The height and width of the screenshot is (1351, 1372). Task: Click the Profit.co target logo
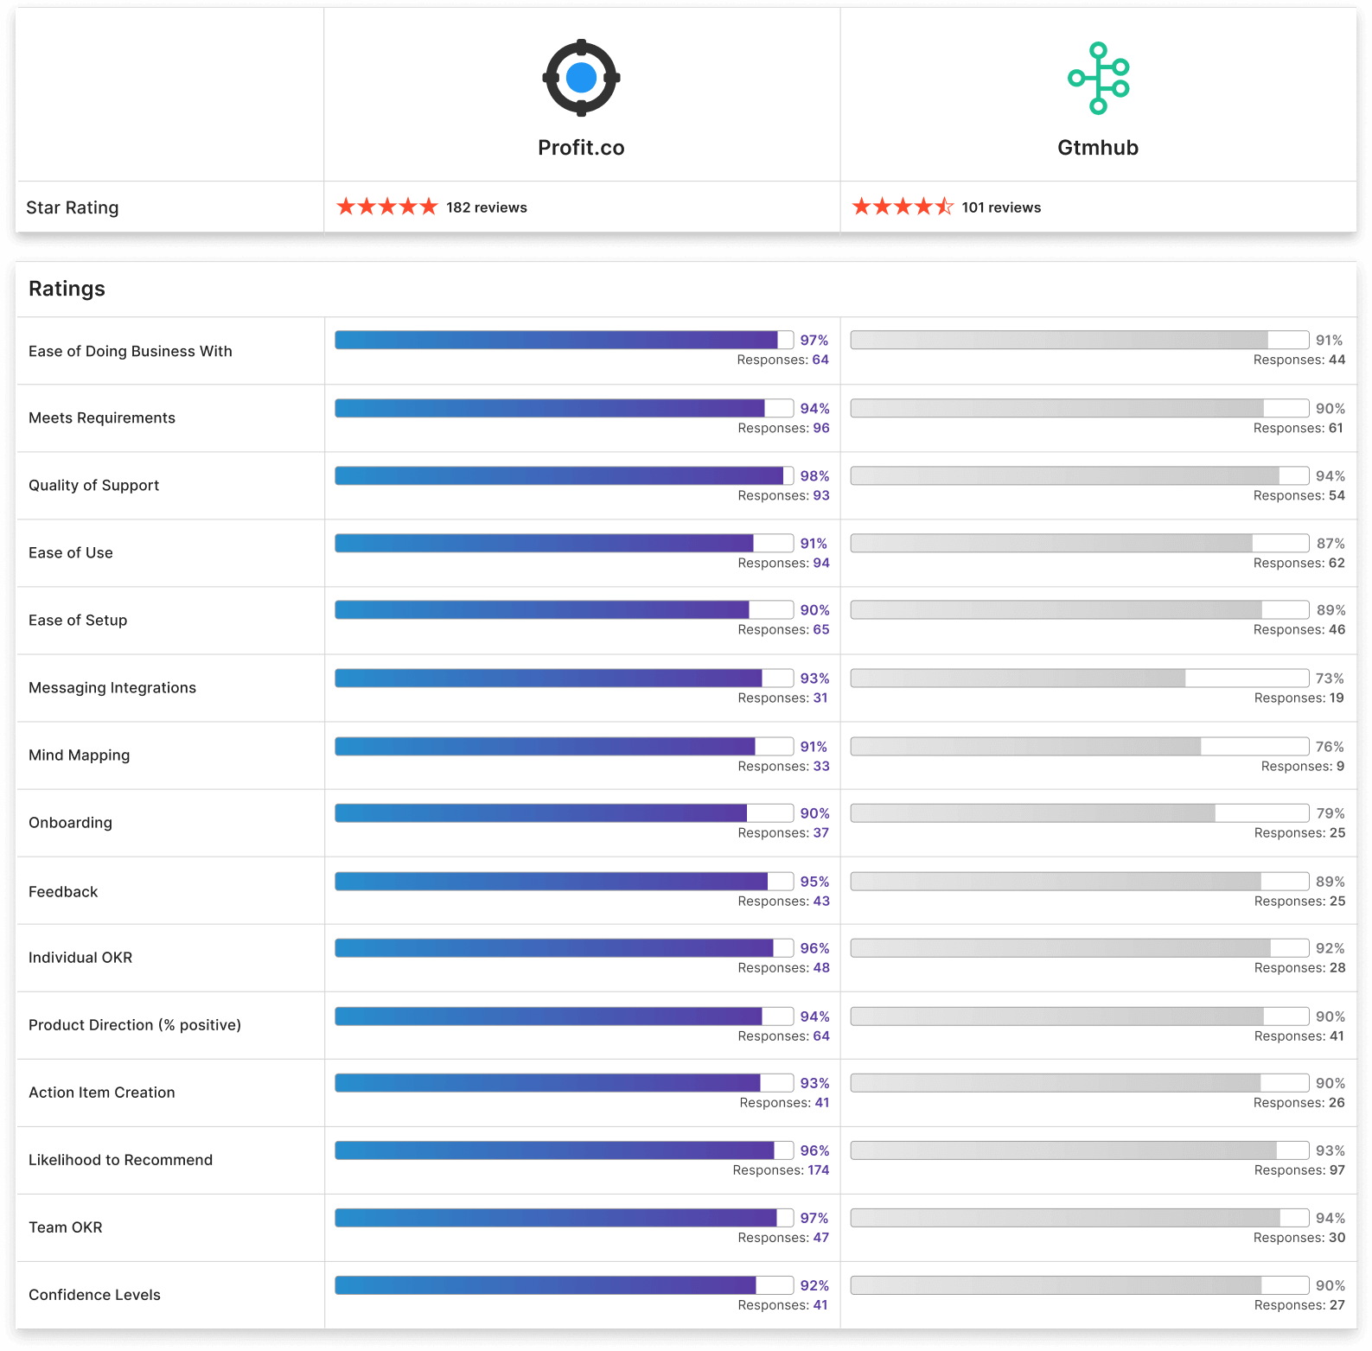581,78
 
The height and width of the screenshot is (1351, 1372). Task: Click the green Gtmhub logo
1098,78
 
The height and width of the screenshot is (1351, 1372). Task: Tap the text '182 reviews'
486,207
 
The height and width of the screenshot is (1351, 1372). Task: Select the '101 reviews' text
1001,207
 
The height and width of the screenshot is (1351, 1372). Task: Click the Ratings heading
67,289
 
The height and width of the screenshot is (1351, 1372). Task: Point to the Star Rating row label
73,207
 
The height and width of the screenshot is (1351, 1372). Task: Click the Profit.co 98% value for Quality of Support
814,476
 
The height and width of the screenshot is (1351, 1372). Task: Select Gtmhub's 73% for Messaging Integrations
1330,679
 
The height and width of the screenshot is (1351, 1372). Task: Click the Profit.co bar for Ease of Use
564,543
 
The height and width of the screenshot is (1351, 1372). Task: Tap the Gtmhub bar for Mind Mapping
1079,746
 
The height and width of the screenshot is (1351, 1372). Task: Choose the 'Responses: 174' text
781,1170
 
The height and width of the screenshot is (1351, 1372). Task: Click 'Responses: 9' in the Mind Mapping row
1302,766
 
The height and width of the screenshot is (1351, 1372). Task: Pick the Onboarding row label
70,823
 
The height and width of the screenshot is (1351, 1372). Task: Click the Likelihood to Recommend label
120,1160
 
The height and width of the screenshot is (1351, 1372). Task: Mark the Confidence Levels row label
94,1295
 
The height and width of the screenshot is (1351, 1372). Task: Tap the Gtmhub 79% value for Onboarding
1331,813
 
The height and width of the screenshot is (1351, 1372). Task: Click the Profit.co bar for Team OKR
564,1218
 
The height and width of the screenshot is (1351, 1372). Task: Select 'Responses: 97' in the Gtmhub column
1299,1170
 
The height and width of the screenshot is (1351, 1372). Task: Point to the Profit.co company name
581,148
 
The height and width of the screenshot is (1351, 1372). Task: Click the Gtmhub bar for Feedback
1079,881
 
